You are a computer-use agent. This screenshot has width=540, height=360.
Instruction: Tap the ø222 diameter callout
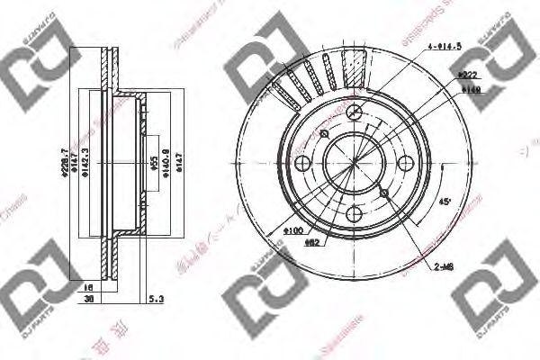tap(466, 77)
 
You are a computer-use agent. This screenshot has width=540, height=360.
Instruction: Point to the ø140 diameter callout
tap(466, 90)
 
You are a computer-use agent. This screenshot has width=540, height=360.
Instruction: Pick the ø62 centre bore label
tap(311, 242)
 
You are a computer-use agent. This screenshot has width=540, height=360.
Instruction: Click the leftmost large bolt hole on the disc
tap(304, 162)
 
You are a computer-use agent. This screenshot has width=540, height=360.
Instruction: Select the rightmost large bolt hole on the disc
tap(405, 162)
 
